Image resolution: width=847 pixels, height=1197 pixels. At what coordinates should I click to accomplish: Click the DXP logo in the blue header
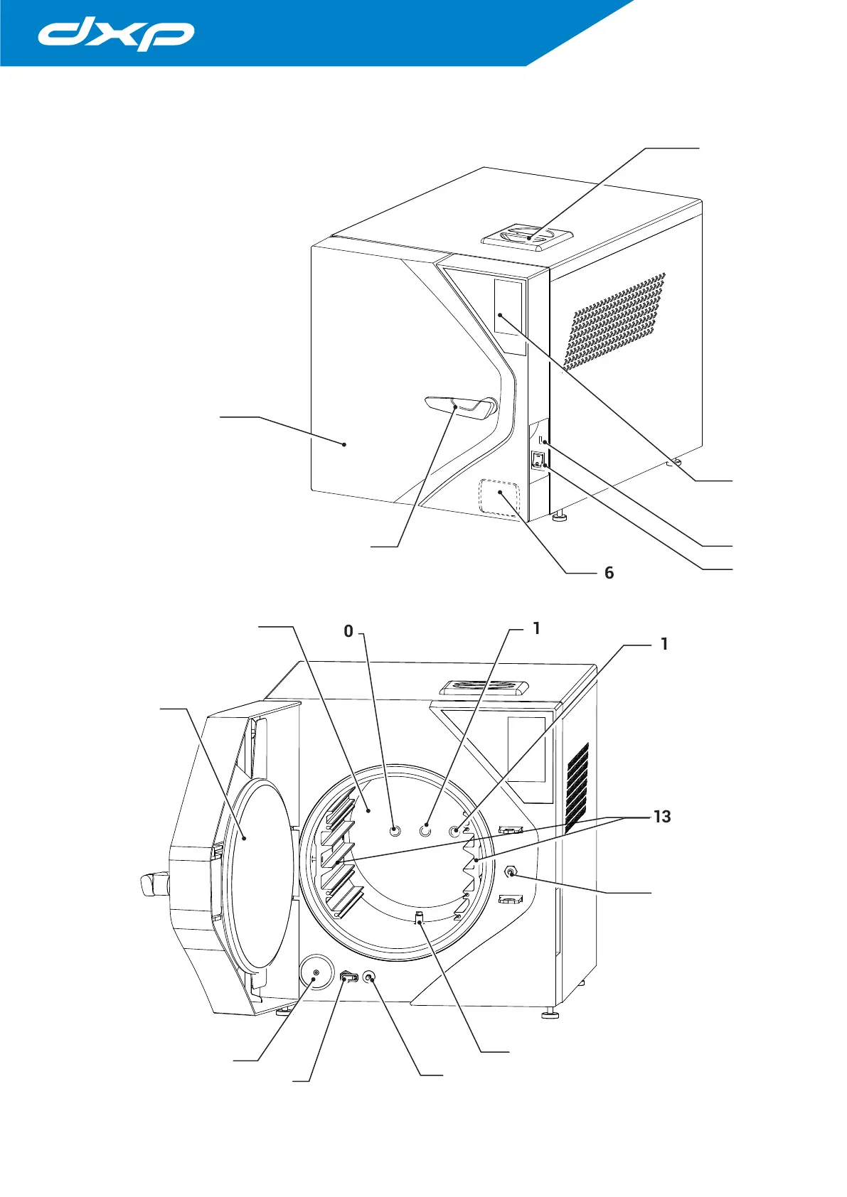click(116, 35)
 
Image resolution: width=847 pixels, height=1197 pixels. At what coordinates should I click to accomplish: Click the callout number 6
click(609, 573)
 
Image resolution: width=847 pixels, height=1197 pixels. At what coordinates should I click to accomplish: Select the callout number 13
click(661, 817)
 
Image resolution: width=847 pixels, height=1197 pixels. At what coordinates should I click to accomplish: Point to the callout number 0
click(348, 631)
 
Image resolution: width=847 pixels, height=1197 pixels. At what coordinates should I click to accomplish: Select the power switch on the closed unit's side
click(538, 460)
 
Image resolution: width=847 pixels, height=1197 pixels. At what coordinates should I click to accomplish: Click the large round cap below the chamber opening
click(316, 972)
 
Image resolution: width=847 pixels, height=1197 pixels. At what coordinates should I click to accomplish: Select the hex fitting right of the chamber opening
click(510, 871)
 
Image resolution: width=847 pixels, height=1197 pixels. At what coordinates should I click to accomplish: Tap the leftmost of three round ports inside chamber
click(396, 830)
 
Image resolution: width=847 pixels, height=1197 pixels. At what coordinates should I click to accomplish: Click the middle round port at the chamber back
click(425, 830)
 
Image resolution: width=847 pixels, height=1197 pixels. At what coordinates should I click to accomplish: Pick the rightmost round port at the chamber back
click(454, 830)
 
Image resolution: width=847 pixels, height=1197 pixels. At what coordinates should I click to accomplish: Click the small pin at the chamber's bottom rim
click(420, 918)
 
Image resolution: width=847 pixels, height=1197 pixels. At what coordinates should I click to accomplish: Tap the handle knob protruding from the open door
click(154, 885)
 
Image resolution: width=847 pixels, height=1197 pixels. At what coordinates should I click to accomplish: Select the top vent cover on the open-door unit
click(484, 687)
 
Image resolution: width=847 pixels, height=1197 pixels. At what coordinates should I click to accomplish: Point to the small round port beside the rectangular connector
click(368, 977)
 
